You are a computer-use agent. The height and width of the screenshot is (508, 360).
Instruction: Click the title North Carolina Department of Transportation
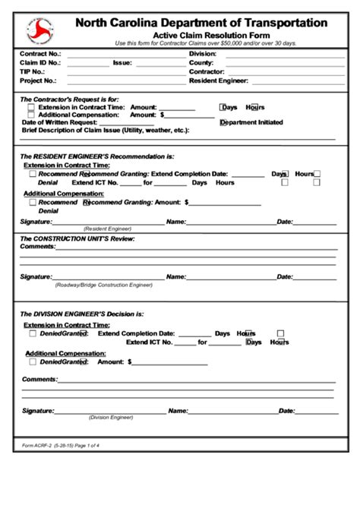pyautogui.click(x=201, y=24)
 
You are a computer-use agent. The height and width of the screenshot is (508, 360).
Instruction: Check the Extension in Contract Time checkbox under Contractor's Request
pyautogui.click(x=31, y=108)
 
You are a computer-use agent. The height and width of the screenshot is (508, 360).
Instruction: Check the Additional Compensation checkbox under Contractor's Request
pyautogui.click(x=31, y=115)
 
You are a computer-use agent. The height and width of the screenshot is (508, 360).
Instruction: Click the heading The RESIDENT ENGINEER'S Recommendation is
pyautogui.click(x=96, y=156)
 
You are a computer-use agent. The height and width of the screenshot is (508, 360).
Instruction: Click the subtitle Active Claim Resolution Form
pyautogui.click(x=201, y=36)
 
